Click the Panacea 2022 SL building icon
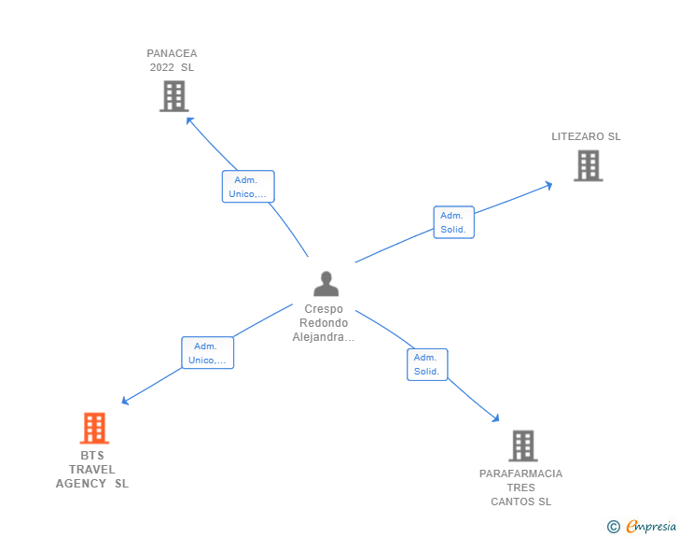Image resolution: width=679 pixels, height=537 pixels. point(173,96)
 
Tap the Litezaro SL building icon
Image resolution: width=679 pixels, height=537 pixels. point(588,166)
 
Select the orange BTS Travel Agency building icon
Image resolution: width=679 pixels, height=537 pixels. point(94,429)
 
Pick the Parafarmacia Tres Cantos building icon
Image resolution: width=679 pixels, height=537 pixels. point(523,445)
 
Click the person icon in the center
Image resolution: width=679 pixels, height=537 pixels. point(326,283)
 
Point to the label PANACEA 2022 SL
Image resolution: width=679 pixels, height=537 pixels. point(172,61)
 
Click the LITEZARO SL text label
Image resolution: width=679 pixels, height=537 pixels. point(586,136)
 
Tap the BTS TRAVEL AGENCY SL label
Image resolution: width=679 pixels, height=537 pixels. point(92,470)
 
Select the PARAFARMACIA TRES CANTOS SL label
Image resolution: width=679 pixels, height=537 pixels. point(521,488)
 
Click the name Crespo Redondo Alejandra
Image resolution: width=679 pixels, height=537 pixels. point(324,323)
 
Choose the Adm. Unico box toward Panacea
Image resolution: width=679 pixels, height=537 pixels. point(248,187)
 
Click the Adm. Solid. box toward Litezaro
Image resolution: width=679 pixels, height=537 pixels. point(453,222)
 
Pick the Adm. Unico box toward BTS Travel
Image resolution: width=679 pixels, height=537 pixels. point(207,353)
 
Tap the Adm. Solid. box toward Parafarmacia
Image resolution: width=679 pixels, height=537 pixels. point(427,364)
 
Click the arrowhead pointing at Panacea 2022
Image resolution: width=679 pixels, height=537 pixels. point(189,120)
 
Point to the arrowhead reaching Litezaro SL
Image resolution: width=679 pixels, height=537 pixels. point(548,185)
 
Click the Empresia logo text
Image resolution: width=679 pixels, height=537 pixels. point(651,527)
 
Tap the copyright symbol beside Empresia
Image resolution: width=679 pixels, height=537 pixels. point(613,527)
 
